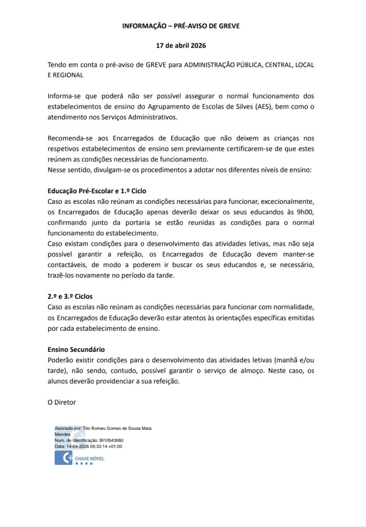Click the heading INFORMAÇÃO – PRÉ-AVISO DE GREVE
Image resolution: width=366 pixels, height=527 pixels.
(x=181, y=26)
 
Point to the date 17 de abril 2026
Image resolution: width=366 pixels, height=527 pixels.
(x=181, y=46)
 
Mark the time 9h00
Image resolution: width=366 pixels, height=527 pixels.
(x=304, y=212)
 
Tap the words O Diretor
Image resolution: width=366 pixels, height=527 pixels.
(x=62, y=402)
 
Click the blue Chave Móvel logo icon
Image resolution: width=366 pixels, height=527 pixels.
(x=63, y=458)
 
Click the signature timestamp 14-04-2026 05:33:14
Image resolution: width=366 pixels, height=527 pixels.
(x=88, y=447)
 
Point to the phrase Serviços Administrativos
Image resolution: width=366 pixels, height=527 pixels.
(x=126, y=117)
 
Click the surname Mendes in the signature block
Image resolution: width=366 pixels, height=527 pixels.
(x=63, y=435)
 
